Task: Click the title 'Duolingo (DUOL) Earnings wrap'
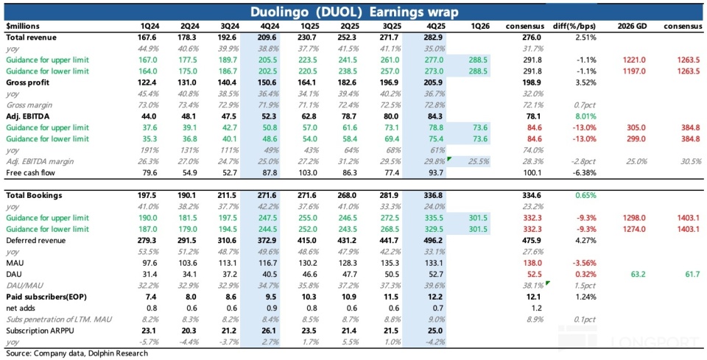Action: [353, 13]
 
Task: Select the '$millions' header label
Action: [23, 27]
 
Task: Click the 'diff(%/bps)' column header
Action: [574, 27]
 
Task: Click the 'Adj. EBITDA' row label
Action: [28, 116]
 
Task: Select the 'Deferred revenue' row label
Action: [35, 240]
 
